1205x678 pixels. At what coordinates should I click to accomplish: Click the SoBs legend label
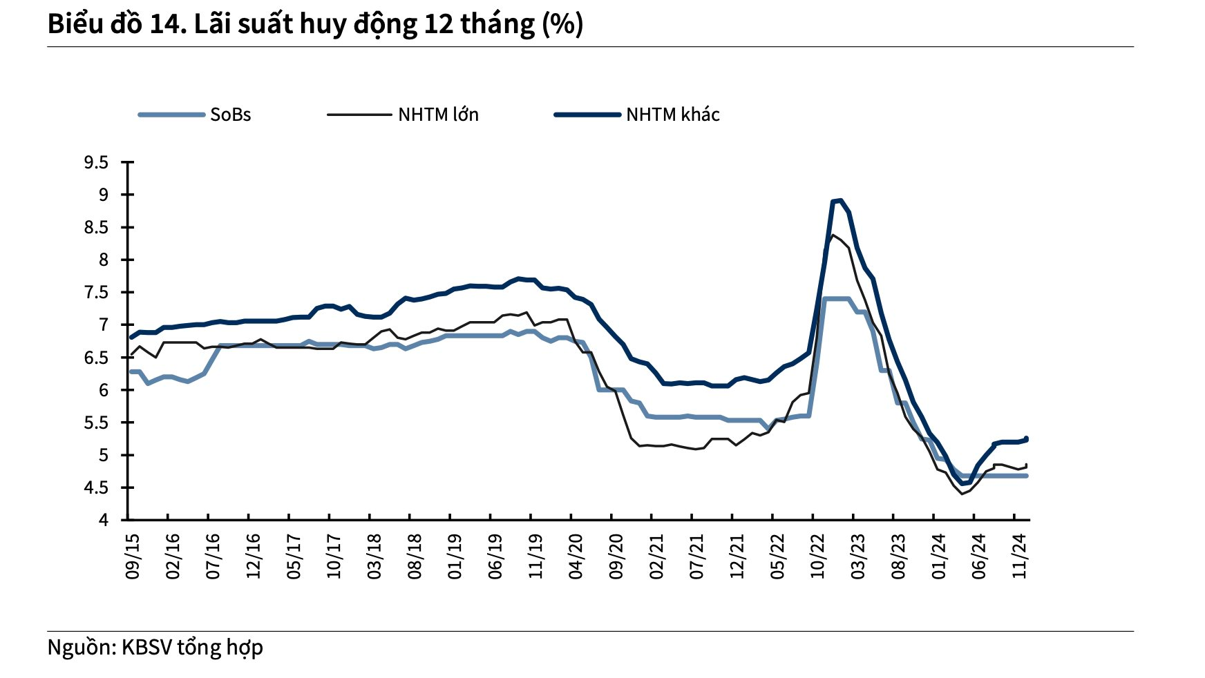(x=230, y=115)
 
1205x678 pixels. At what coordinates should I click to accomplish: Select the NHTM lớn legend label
(x=438, y=115)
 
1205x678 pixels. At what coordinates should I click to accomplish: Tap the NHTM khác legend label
(x=672, y=115)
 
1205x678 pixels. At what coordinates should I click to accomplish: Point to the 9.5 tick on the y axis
(x=96, y=163)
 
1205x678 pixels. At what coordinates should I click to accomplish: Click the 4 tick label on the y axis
(x=104, y=520)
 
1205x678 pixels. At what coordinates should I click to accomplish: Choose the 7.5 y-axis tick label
(x=96, y=293)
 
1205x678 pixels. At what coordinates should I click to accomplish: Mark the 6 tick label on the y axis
(x=104, y=390)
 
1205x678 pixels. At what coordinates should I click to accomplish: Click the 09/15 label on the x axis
(x=132, y=556)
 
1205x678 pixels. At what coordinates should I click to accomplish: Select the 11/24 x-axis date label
(x=1020, y=556)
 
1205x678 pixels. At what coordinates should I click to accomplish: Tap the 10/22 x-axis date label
(x=818, y=556)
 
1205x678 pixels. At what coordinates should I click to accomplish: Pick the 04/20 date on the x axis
(x=576, y=556)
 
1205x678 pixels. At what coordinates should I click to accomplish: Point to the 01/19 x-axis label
(x=455, y=556)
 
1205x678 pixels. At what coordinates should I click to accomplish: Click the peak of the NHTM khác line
(x=839, y=200)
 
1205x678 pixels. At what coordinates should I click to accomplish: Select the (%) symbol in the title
(x=562, y=24)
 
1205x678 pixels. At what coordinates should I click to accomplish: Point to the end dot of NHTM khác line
(x=1027, y=438)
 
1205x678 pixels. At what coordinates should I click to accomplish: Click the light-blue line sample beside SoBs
(x=171, y=115)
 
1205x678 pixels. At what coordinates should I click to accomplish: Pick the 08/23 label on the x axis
(x=898, y=556)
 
